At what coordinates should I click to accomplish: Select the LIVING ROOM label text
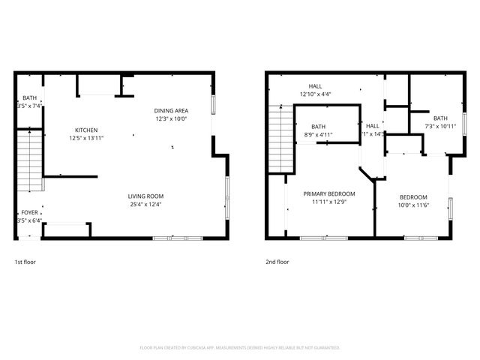tap(145, 196)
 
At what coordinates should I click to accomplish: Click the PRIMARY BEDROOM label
tap(328, 193)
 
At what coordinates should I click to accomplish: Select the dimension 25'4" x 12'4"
tap(145, 204)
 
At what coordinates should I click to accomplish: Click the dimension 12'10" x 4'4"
tap(315, 94)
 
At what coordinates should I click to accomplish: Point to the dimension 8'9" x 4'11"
tap(319, 135)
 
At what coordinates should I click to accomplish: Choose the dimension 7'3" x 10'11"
tap(440, 126)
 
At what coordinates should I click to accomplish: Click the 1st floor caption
tap(25, 262)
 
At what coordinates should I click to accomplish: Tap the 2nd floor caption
tap(277, 262)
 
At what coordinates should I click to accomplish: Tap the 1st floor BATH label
tap(28, 98)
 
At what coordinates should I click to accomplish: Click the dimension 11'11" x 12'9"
tap(328, 202)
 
